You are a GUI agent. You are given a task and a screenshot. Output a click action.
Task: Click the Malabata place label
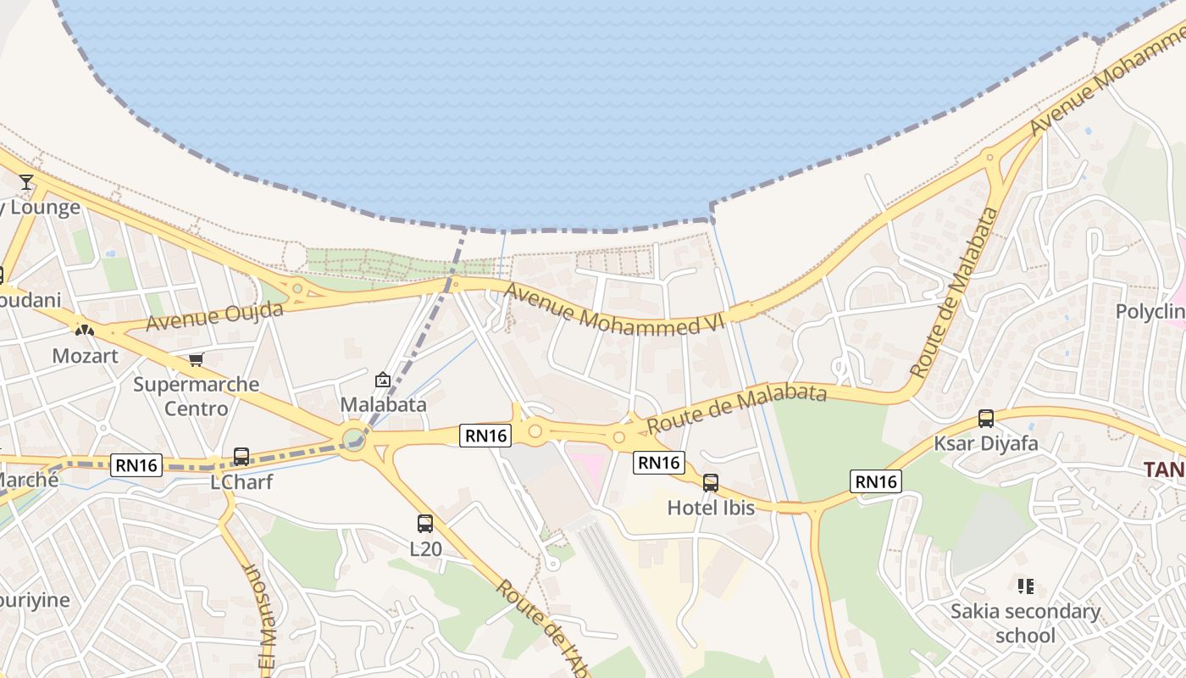(x=383, y=404)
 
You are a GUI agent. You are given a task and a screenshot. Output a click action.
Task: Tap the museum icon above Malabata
(x=382, y=380)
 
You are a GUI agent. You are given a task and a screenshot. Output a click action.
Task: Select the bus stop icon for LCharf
(x=241, y=457)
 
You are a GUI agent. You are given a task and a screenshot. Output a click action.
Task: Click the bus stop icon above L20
(x=425, y=524)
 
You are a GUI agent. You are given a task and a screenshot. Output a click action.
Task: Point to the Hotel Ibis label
(x=711, y=508)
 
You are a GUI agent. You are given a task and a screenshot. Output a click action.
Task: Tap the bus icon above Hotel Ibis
(x=711, y=483)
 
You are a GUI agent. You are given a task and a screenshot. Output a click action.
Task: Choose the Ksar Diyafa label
(x=985, y=443)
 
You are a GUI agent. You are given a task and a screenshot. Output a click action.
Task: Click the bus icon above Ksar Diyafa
(x=985, y=418)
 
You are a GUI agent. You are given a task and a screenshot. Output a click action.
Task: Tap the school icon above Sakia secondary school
(x=1025, y=586)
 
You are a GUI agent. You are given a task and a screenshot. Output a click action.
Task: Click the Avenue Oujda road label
(x=214, y=316)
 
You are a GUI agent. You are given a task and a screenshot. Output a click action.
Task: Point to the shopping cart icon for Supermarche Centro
(x=196, y=360)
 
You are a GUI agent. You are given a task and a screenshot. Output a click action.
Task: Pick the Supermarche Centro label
(x=197, y=396)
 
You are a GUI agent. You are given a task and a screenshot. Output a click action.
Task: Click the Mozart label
(x=86, y=355)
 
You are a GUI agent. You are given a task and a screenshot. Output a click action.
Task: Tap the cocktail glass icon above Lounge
(x=26, y=182)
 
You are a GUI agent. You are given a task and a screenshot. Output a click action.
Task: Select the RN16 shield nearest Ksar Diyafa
(x=876, y=482)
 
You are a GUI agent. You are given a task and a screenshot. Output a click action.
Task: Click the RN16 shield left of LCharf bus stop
(x=136, y=464)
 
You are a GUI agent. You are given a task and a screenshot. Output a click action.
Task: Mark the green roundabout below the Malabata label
(x=354, y=439)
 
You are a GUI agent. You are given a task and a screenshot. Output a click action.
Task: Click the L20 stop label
(x=425, y=549)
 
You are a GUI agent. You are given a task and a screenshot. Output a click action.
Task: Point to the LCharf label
(x=241, y=482)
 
